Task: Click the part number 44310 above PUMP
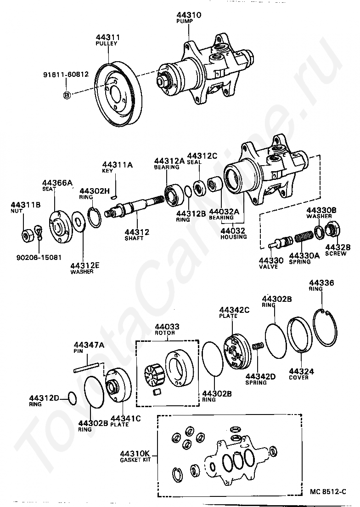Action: pos(189,15)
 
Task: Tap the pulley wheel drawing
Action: pos(117,96)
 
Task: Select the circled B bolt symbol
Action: pos(67,95)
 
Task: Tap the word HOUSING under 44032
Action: pos(234,237)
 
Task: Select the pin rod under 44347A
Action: pos(86,368)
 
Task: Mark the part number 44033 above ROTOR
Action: pos(167,327)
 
